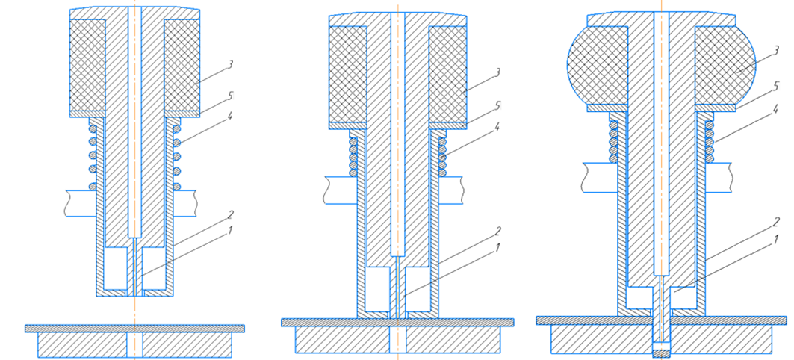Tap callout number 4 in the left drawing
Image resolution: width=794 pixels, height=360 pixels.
pyautogui.click(x=230, y=117)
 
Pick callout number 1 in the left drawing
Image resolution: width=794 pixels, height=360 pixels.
pyautogui.click(x=231, y=230)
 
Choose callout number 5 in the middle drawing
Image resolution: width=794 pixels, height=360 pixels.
pyautogui.click(x=497, y=106)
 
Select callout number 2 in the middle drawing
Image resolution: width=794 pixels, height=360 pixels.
pyautogui.click(x=497, y=232)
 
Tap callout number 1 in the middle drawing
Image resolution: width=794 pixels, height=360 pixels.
pyautogui.click(x=497, y=248)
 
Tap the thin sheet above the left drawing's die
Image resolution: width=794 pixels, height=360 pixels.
pyautogui.click(x=134, y=328)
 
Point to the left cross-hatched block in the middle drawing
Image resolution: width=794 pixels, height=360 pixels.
pyautogui.click(x=348, y=74)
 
